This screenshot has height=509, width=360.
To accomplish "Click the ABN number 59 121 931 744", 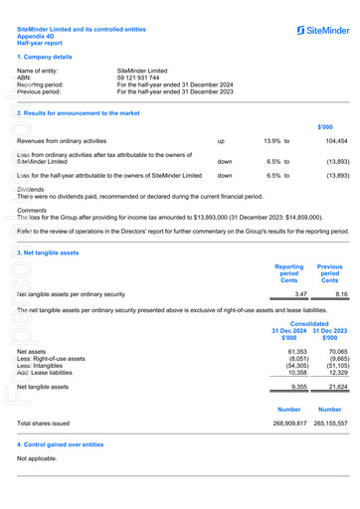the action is pyautogui.click(x=139, y=78).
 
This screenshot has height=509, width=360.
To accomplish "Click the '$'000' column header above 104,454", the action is pyautogui.click(x=325, y=127).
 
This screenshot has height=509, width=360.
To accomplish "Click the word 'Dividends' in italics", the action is pyautogui.click(x=31, y=189).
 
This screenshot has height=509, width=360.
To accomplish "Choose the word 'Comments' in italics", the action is pyautogui.click(x=32, y=210).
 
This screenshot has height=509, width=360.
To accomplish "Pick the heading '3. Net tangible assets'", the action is pyautogui.click(x=48, y=253).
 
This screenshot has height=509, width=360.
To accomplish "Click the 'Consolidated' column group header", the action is pyautogui.click(x=310, y=323).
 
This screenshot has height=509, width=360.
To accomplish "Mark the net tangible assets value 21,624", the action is pyautogui.click(x=337, y=386).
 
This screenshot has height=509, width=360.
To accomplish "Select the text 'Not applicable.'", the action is pyautogui.click(x=38, y=458).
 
